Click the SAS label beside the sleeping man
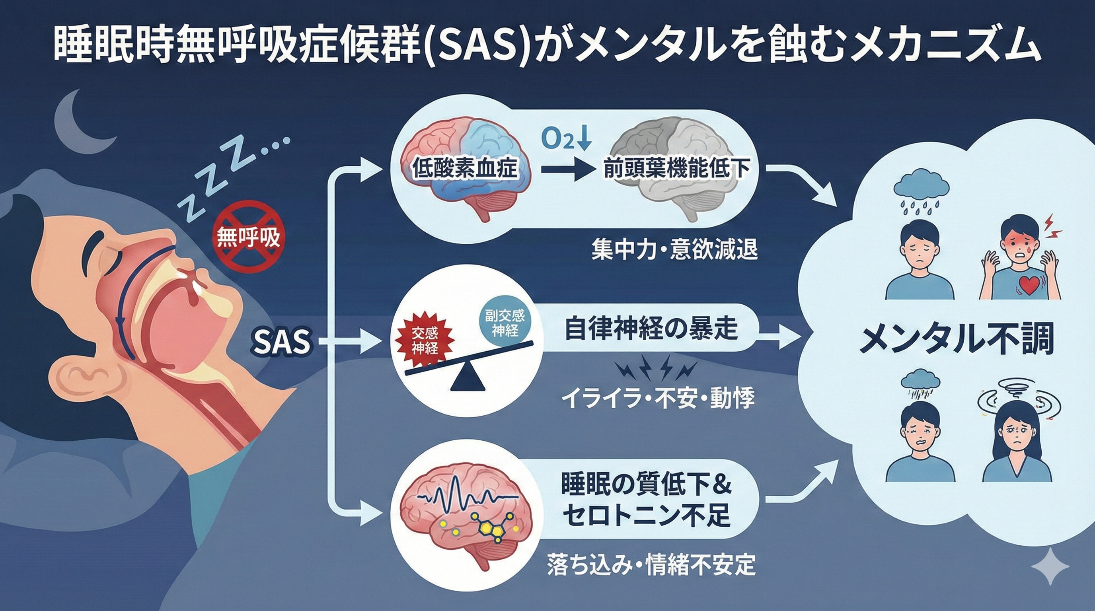281,342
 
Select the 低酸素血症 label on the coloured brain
465,168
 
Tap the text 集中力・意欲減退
675,250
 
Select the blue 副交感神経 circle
505,322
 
